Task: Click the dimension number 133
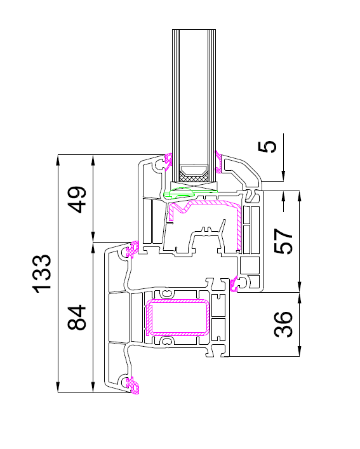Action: (x=43, y=274)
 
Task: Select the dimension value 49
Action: (x=78, y=199)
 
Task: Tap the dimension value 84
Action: (x=77, y=318)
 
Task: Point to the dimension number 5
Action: (x=267, y=146)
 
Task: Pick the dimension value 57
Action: (x=284, y=241)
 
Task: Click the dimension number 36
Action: (x=284, y=324)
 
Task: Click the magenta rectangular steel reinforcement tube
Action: (x=178, y=318)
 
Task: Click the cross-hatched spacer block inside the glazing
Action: (x=194, y=178)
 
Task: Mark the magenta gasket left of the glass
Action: (x=168, y=161)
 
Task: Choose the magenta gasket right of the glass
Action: (x=219, y=162)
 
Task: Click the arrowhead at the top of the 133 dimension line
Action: (x=58, y=160)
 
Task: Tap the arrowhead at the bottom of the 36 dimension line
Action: (x=299, y=351)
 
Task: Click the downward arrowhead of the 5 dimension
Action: (x=283, y=176)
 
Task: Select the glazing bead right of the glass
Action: (x=242, y=172)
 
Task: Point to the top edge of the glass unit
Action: (x=194, y=29)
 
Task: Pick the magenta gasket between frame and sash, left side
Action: (x=133, y=250)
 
